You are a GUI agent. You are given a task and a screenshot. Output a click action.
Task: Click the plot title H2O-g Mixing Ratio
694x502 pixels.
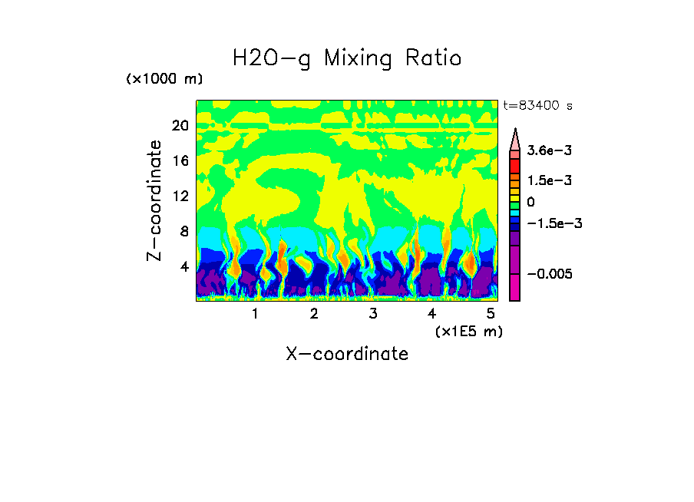[347, 58]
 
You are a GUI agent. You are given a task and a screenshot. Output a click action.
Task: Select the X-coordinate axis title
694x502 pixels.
[347, 354]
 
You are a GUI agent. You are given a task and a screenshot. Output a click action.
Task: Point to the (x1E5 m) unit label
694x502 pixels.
[468, 332]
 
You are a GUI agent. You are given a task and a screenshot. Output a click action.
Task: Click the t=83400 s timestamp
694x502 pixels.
[537, 106]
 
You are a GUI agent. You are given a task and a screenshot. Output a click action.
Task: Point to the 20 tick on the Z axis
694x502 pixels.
[180, 126]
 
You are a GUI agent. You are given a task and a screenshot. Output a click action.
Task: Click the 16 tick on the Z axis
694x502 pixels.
[180, 161]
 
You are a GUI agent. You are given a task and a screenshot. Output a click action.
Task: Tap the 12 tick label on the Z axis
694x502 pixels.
[180, 197]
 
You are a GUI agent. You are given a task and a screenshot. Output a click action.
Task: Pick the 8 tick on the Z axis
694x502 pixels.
[183, 232]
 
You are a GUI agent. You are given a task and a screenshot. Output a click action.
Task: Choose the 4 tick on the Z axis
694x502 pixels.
[183, 267]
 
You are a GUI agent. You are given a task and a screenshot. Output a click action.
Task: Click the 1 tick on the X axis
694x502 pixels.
[255, 314]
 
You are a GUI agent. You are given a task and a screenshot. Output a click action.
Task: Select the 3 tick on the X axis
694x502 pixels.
[373, 314]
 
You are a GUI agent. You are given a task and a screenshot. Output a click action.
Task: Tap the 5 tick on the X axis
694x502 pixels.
[491, 314]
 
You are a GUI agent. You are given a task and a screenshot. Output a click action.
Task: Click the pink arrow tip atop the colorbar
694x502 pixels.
[515, 138]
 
